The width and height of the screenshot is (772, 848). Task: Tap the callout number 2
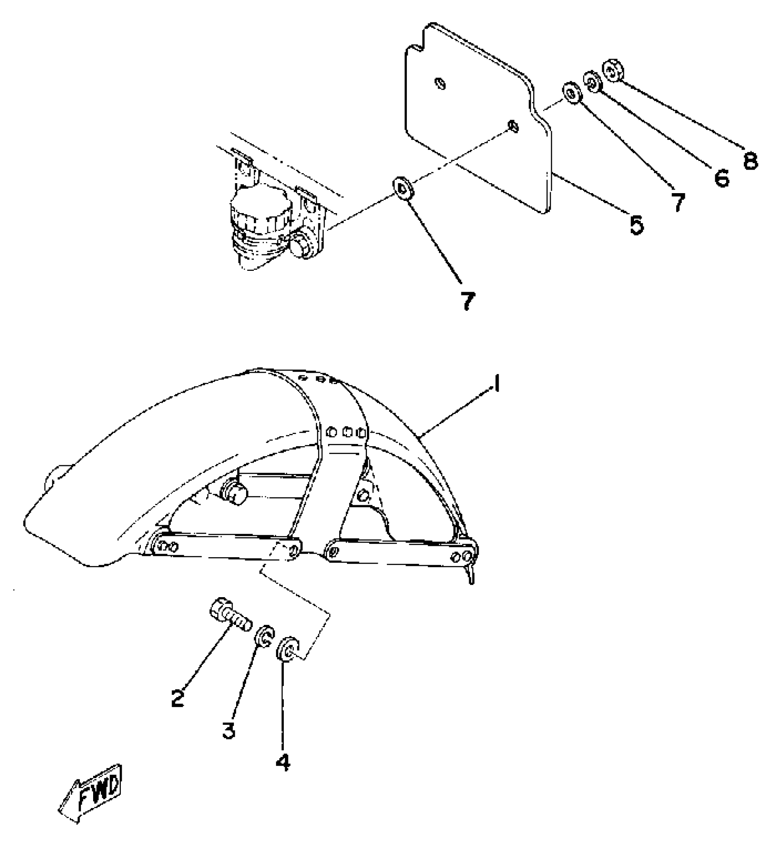[178, 698]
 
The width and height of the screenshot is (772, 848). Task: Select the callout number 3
[228, 730]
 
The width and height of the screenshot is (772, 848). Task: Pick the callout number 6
[721, 178]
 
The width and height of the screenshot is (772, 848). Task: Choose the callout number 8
[750, 160]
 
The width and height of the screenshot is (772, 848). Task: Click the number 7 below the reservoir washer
[468, 301]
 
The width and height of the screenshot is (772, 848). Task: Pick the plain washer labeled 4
[287, 649]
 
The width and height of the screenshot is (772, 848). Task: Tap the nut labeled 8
[614, 71]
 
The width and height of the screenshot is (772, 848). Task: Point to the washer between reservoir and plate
[402, 188]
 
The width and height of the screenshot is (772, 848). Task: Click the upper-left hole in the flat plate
[440, 84]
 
